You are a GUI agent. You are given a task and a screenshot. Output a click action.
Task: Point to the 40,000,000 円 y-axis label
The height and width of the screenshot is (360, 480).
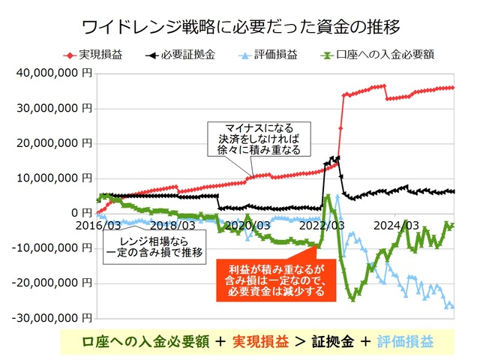pyautogui.click(x=52, y=73)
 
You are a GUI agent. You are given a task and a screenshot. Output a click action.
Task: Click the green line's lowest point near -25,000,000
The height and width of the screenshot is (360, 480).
pyautogui.click(x=352, y=300)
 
